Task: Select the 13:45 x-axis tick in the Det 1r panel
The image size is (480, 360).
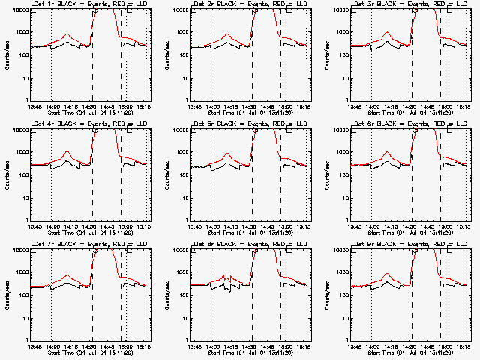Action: click(34, 106)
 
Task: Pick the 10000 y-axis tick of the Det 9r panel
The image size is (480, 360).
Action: click(339, 250)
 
